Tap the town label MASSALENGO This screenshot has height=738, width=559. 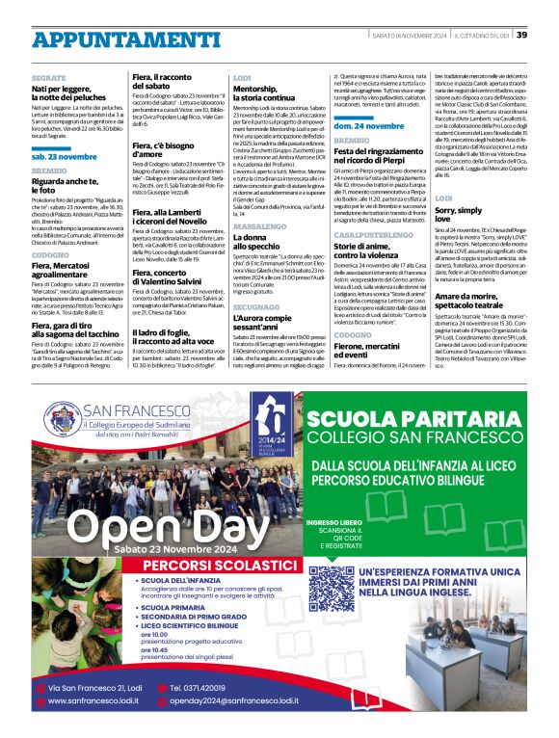click(x=255, y=224)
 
